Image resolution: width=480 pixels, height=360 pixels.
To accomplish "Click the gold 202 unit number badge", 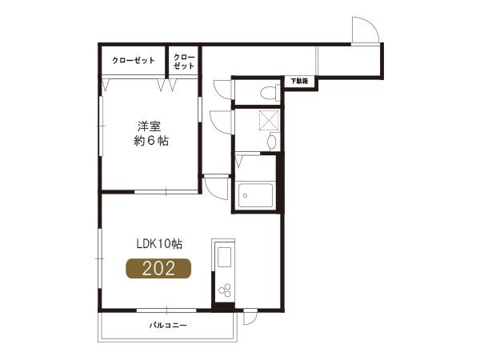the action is point(158,269).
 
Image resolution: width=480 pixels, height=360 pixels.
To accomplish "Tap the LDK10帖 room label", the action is point(159,244).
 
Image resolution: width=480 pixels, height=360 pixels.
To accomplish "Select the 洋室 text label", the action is point(150,126).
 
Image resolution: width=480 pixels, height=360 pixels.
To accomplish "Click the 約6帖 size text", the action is point(151,141).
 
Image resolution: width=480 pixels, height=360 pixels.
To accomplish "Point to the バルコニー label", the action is point(168,325).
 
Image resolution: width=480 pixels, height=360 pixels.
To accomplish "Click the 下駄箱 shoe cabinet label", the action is point(299,81).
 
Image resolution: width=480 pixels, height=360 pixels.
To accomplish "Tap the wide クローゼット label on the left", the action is point(134,60).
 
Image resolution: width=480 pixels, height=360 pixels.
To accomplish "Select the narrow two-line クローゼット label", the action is point(184,62).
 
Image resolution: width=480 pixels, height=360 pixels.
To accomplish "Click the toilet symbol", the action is point(270,92).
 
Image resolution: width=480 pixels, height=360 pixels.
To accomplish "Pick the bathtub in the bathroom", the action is point(255,195).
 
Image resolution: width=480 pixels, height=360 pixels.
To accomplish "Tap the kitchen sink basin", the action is point(224,257).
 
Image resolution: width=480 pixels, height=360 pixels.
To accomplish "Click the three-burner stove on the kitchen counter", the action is point(225,290).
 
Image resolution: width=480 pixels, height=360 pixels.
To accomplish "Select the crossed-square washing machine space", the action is point(269,120).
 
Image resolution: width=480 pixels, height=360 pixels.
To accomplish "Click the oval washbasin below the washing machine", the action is point(271,141).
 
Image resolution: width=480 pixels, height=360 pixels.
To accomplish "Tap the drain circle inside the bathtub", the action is point(245,195).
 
